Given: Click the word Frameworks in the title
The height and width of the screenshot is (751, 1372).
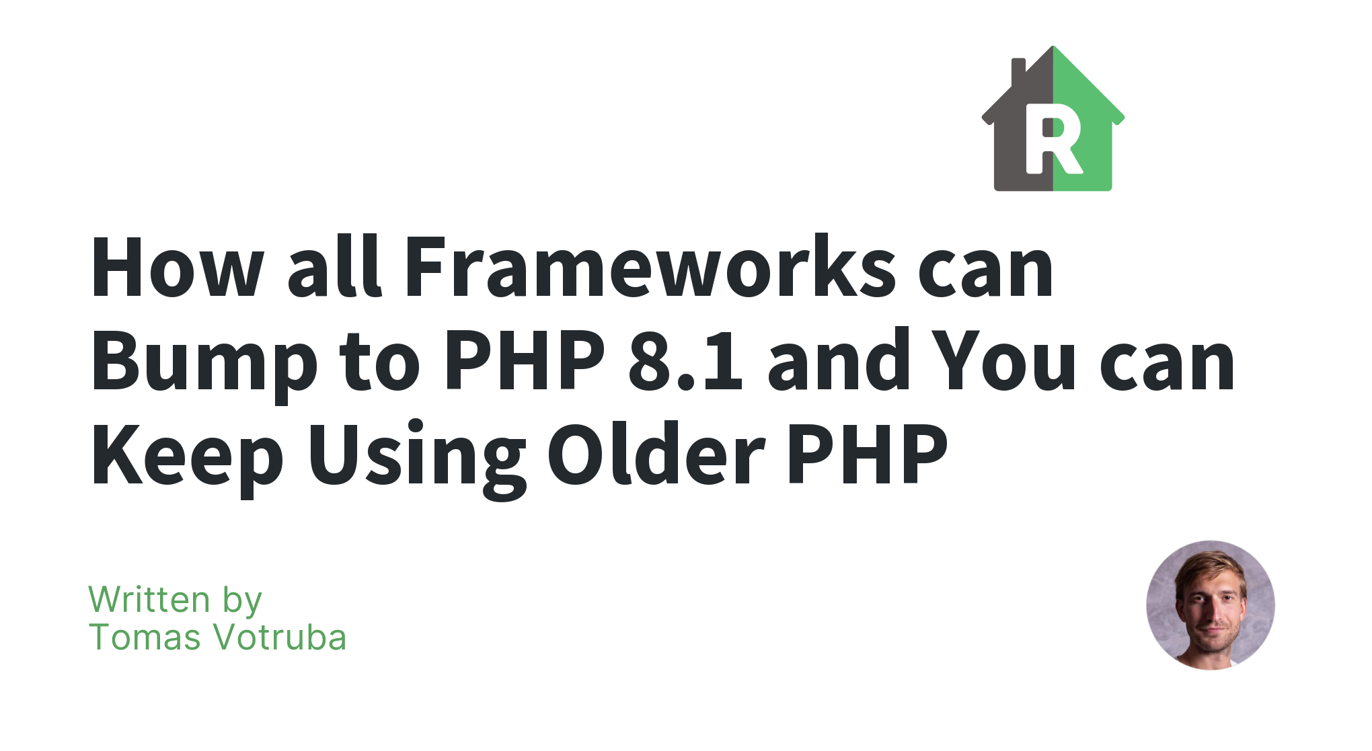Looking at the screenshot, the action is pyautogui.click(x=650, y=266).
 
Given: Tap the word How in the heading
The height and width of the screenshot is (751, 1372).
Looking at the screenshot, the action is pyautogui.click(x=177, y=266).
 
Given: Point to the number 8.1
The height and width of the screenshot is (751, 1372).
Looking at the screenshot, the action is pyautogui.click(x=685, y=360).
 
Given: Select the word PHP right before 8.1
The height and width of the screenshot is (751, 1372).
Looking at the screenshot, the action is pyautogui.click(x=525, y=360).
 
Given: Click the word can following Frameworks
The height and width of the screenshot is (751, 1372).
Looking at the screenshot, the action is pyautogui.click(x=986, y=272).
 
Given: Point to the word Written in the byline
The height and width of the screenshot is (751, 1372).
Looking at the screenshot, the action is pyautogui.click(x=149, y=599).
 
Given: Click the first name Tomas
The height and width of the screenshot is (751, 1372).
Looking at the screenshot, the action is pyautogui.click(x=145, y=637).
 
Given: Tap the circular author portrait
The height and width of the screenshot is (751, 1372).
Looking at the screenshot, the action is pyautogui.click(x=1211, y=605).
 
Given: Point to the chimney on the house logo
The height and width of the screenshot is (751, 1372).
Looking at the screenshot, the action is pyautogui.click(x=1018, y=71).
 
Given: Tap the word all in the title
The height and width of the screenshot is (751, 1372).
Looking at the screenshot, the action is pyautogui.click(x=335, y=266).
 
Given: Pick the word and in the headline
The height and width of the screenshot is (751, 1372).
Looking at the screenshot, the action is pyautogui.click(x=839, y=360).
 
